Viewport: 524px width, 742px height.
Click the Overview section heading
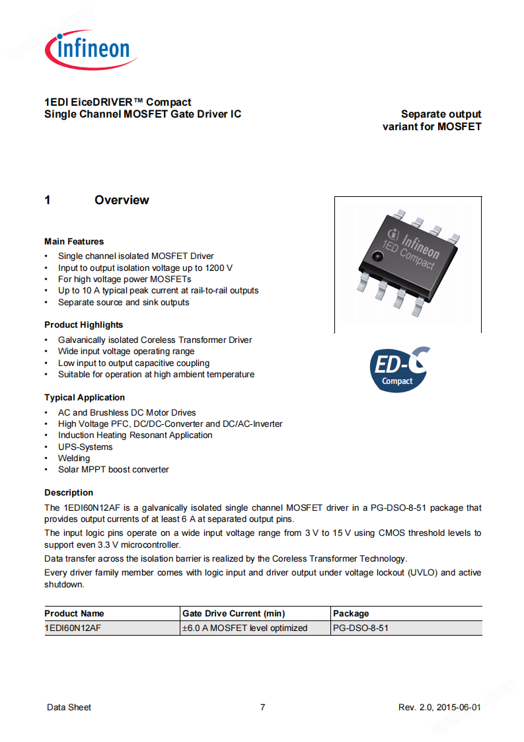tap(122, 200)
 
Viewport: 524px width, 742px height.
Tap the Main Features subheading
tap(74, 242)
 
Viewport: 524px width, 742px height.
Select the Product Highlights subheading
tap(83, 325)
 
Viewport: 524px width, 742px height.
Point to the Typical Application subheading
tap(85, 398)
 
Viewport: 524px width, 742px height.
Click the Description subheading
tap(69, 493)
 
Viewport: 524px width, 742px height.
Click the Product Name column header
tap(74, 614)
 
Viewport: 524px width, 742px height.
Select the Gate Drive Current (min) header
tap(234, 614)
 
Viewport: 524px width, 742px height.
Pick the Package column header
tap(351, 614)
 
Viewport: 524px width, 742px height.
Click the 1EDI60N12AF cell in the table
tap(73, 628)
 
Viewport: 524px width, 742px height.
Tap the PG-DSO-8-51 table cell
tap(361, 628)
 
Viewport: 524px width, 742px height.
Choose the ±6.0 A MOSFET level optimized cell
tap(244, 628)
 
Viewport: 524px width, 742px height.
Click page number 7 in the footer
tap(262, 708)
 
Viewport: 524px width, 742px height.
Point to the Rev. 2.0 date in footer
tap(439, 708)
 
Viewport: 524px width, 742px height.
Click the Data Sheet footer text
tap(69, 708)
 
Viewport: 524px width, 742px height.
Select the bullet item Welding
tap(74, 459)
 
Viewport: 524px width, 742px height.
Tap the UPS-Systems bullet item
tap(85, 447)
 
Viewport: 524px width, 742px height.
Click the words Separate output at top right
tap(441, 114)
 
